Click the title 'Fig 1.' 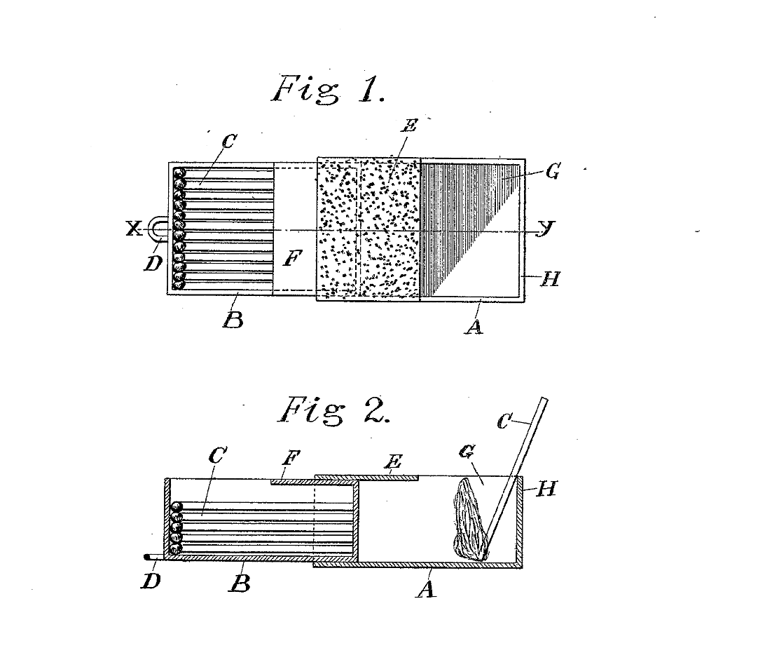point(328,89)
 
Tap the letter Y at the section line point(542,229)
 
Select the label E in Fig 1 point(411,126)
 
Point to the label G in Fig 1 point(552,171)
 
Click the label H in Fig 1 point(551,278)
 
